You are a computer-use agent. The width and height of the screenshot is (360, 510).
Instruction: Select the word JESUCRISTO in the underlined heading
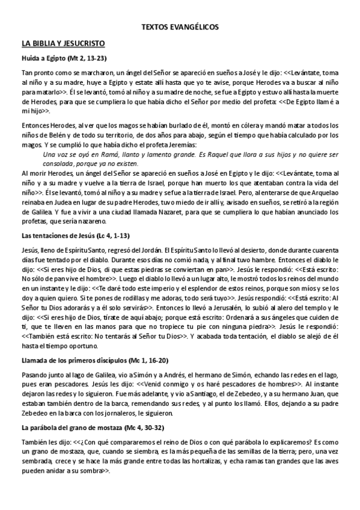[x=85, y=44]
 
